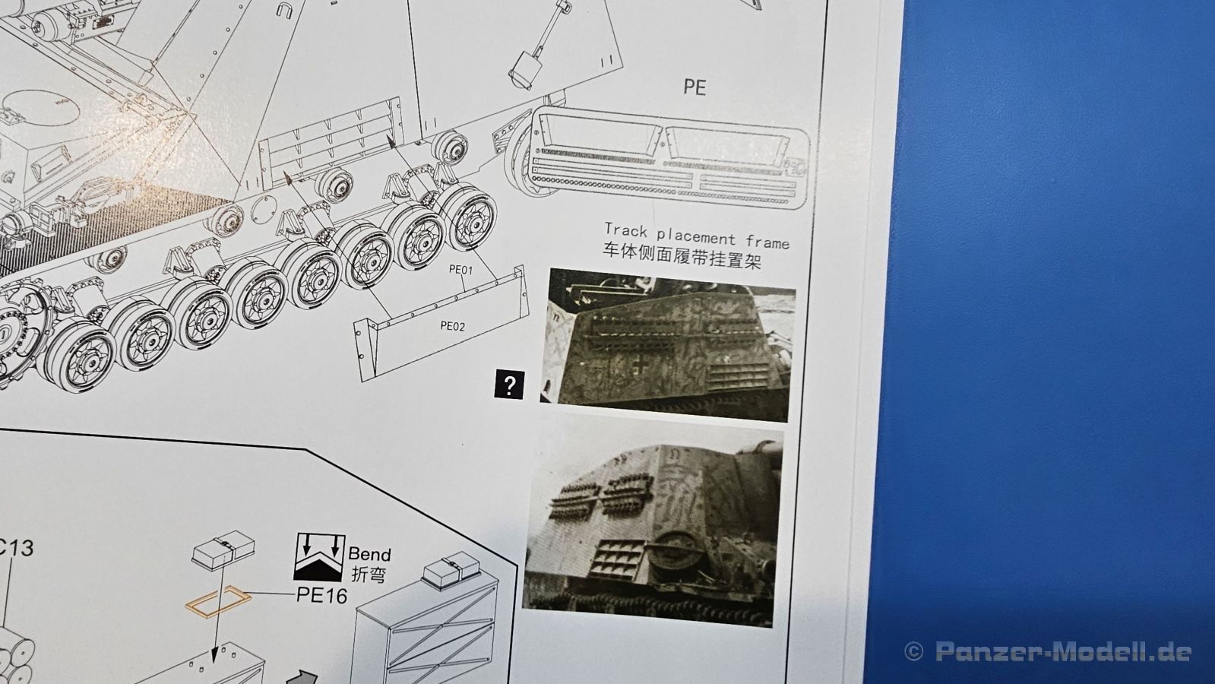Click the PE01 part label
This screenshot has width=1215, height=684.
[x=461, y=270]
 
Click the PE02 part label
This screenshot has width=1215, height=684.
[x=453, y=326]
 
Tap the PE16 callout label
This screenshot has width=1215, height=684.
[x=321, y=596]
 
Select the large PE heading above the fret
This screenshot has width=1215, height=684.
[x=695, y=87]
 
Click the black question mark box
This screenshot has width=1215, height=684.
[x=509, y=385]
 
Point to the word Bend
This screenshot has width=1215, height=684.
[x=369, y=554]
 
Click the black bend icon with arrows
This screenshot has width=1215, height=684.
[x=319, y=557]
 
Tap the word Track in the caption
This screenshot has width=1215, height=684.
[x=626, y=230]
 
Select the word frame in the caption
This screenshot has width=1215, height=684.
[x=767, y=242]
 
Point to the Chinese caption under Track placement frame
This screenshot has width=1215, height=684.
[x=682, y=257]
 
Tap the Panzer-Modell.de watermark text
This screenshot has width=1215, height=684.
[x=1063, y=651]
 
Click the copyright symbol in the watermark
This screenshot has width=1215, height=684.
[x=914, y=651]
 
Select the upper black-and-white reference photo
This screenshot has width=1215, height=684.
[x=668, y=345]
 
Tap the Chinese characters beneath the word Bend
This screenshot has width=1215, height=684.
[x=368, y=575]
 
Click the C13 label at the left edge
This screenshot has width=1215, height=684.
[x=15, y=549]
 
